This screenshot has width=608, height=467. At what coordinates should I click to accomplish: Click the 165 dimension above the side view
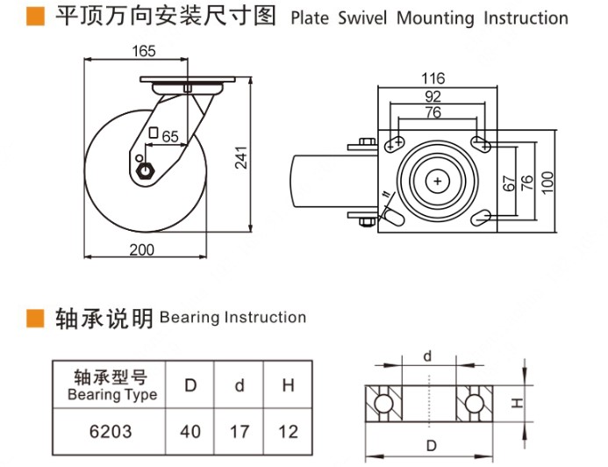(144, 52)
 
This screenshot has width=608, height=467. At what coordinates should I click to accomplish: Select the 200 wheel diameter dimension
(141, 249)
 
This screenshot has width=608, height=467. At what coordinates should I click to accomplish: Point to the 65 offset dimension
(170, 135)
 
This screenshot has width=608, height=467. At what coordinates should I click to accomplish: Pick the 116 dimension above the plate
(433, 79)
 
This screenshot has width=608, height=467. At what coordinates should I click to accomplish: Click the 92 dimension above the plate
(433, 96)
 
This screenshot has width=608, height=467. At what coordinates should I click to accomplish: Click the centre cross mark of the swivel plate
(437, 180)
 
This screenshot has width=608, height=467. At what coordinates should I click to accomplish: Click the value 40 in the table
(190, 431)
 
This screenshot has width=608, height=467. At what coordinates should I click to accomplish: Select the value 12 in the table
(288, 431)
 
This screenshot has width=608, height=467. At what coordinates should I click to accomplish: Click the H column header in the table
(288, 385)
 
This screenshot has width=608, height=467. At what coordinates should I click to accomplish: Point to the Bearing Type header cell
(111, 385)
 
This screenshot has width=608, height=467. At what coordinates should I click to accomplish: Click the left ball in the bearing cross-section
(383, 403)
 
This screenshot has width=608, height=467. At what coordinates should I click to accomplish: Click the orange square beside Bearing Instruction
(35, 317)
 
